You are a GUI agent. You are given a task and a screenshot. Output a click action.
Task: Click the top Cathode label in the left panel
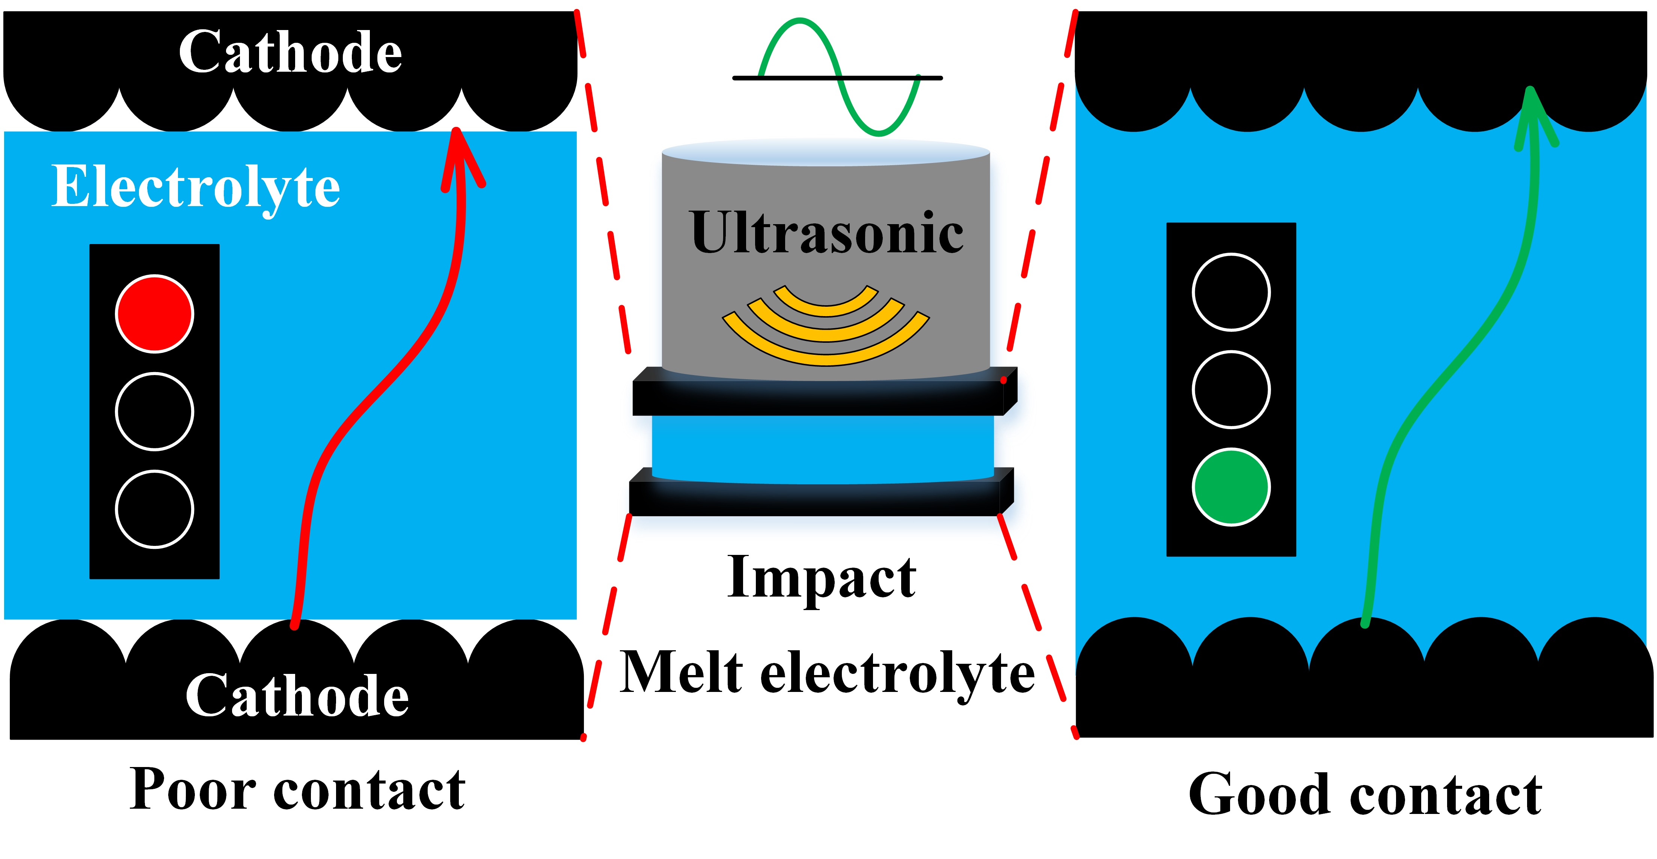point(290,53)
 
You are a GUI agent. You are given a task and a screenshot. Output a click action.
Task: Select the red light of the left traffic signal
point(154,314)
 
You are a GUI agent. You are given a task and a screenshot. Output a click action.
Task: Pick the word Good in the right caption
point(1259,795)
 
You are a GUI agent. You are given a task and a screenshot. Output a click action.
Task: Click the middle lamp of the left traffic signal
point(154,411)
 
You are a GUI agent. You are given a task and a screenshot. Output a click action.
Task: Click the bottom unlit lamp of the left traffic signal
point(154,509)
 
